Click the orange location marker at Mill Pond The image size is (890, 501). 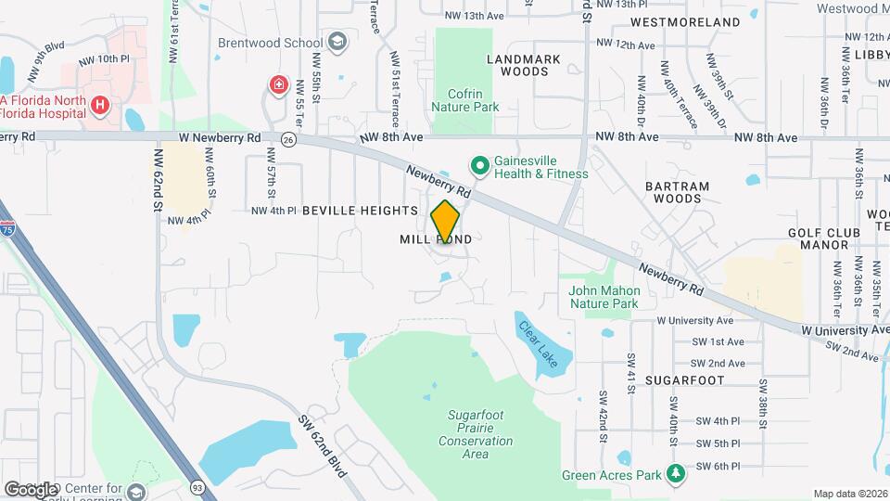(446, 221)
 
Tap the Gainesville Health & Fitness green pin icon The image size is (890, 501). (480, 166)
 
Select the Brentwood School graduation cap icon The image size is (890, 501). (337, 43)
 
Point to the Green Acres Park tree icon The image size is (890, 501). (677, 474)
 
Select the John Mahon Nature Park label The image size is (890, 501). (604, 297)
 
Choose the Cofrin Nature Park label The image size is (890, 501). (465, 100)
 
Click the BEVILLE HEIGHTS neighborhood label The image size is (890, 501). (360, 211)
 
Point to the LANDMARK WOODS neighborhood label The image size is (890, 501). (524, 65)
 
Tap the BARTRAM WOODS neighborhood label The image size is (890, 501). (681, 192)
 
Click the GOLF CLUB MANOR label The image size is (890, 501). (819, 238)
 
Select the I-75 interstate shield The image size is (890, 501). (7, 227)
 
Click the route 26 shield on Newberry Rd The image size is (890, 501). (288, 140)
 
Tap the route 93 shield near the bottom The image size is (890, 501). (197, 485)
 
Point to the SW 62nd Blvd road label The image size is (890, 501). (323, 445)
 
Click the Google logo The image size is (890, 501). (32, 489)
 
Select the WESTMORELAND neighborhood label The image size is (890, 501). (698, 21)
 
